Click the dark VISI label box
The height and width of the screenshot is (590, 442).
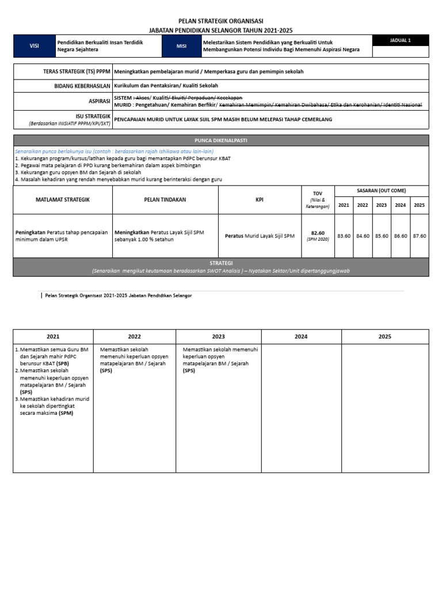click(34, 46)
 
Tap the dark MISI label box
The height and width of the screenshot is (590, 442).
click(182, 46)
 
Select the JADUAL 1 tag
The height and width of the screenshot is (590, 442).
click(401, 40)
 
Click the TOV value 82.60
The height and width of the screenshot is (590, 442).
click(318, 233)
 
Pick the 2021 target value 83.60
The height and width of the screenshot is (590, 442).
click(344, 236)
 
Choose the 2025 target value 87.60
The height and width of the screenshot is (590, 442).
click(419, 236)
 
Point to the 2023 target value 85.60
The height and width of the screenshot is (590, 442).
click(382, 236)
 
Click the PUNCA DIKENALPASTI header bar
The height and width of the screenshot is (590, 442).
click(220, 140)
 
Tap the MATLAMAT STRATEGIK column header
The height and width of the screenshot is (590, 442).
click(63, 199)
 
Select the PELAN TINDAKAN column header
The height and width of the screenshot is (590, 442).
click(165, 199)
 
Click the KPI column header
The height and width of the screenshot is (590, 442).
click(260, 199)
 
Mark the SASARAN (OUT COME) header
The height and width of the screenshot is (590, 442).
click(382, 191)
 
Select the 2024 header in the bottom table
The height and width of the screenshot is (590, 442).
click(301, 336)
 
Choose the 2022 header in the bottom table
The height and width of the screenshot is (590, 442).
click(134, 336)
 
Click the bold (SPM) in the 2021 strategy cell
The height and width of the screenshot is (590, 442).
click(66, 413)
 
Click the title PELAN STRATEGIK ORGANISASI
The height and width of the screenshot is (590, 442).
click(220, 21)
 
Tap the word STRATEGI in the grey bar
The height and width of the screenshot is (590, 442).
click(220, 263)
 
